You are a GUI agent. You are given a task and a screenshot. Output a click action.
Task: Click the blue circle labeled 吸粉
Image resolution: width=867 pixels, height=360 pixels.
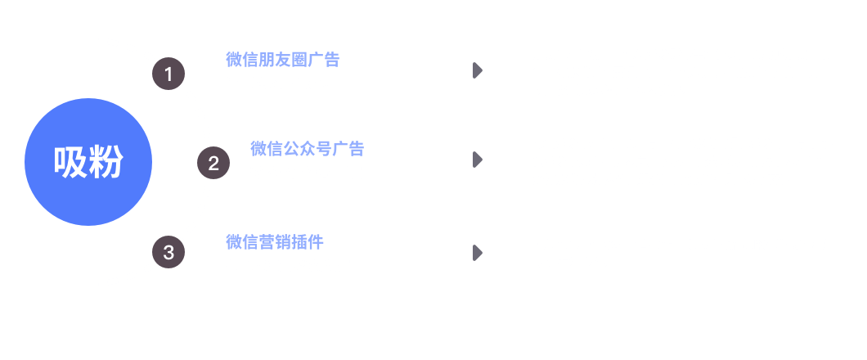pyautogui.click(x=88, y=162)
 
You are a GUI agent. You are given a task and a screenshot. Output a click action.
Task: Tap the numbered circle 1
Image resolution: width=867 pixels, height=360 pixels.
pyautogui.click(x=168, y=74)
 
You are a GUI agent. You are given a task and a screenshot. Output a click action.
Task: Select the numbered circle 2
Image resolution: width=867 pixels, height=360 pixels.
pyautogui.click(x=213, y=163)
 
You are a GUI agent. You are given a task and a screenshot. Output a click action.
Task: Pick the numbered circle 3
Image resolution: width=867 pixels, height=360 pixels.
pyautogui.click(x=168, y=252)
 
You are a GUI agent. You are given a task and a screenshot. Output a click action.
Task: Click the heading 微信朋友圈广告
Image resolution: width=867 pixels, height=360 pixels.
pyautogui.click(x=282, y=60)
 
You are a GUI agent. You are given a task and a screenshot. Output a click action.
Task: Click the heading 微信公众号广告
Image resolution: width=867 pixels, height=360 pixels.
pyautogui.click(x=307, y=149)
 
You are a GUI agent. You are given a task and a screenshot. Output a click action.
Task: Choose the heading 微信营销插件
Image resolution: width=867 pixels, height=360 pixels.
pyautogui.click(x=275, y=242)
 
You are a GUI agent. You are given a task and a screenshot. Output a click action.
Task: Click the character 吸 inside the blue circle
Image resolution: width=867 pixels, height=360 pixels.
pyautogui.click(x=70, y=162)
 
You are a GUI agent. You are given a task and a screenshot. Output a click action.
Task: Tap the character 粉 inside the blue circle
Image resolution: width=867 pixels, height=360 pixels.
pyautogui.click(x=106, y=162)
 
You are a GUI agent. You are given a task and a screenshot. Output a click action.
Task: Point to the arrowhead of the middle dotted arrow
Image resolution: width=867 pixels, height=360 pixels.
pyautogui.click(x=478, y=161)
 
